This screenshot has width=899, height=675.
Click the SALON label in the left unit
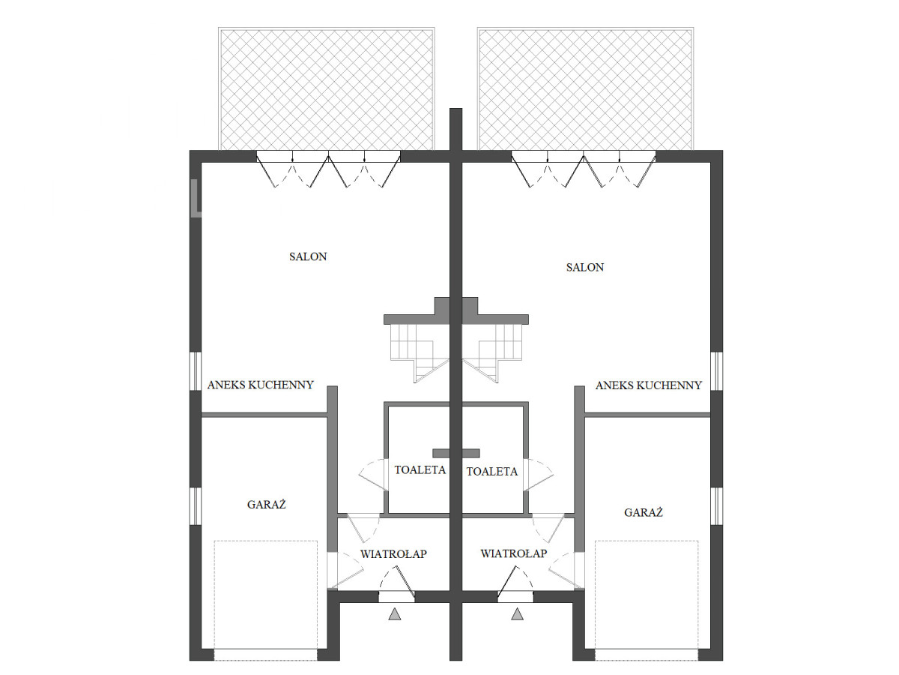tap(308, 256)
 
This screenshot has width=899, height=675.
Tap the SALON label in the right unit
tap(585, 267)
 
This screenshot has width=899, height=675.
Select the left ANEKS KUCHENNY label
tap(261, 385)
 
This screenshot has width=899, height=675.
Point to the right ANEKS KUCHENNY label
tap(648, 385)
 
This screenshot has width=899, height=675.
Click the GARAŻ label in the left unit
tap(266, 504)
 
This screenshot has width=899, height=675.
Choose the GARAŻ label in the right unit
tap(643, 512)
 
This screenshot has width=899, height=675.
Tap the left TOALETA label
tap(420, 469)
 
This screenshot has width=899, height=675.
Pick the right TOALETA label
tap(492, 471)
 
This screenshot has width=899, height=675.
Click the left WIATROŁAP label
tap(393, 553)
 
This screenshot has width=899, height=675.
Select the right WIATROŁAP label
tap(514, 553)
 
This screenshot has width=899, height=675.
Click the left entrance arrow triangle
tap(395, 614)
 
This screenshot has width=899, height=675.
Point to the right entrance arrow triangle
tap(517, 614)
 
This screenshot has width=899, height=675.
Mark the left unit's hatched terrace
tap(327, 89)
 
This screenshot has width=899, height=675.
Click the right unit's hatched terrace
tap(585, 89)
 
